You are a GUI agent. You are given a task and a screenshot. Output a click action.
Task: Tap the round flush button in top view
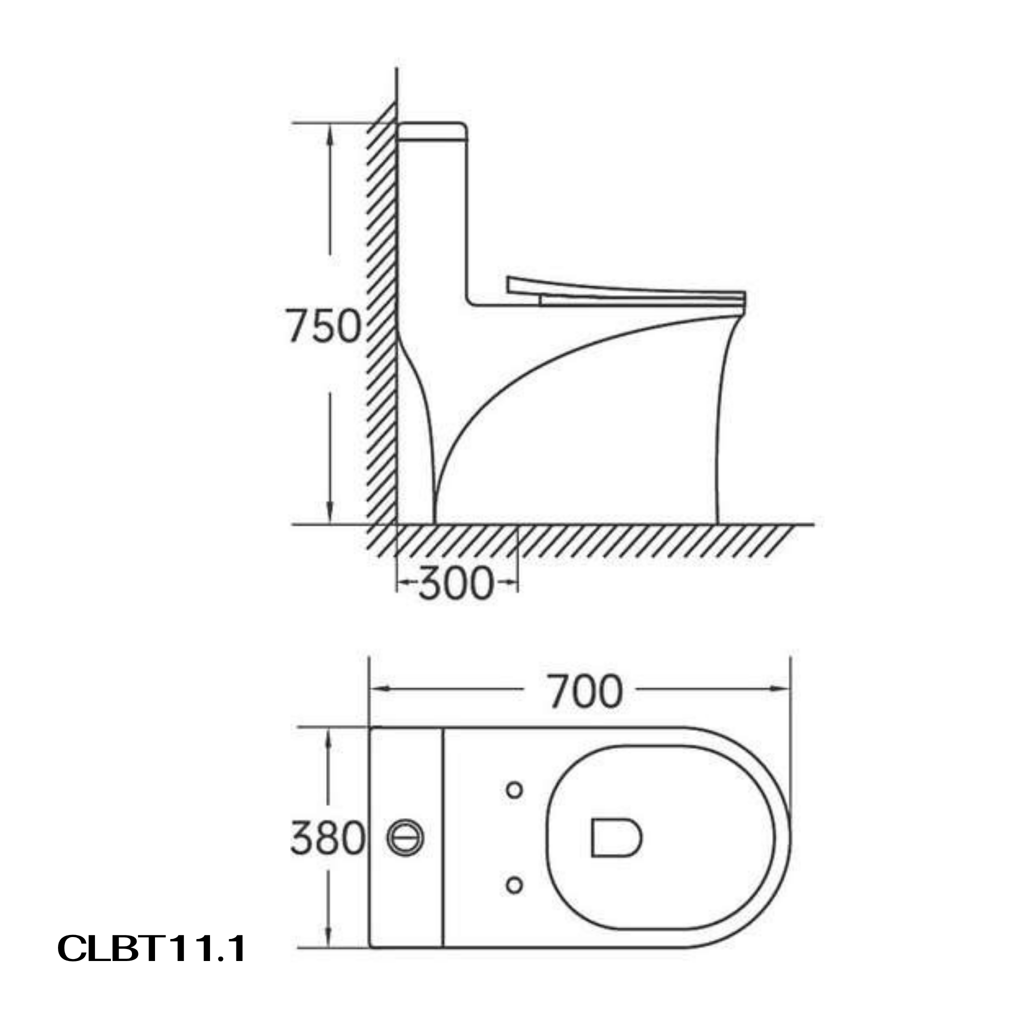click(405, 838)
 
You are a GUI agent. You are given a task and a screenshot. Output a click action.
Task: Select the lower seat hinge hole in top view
click(514, 884)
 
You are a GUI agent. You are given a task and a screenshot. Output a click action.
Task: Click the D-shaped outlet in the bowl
click(616, 838)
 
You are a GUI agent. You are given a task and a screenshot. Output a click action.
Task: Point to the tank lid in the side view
click(432, 132)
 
